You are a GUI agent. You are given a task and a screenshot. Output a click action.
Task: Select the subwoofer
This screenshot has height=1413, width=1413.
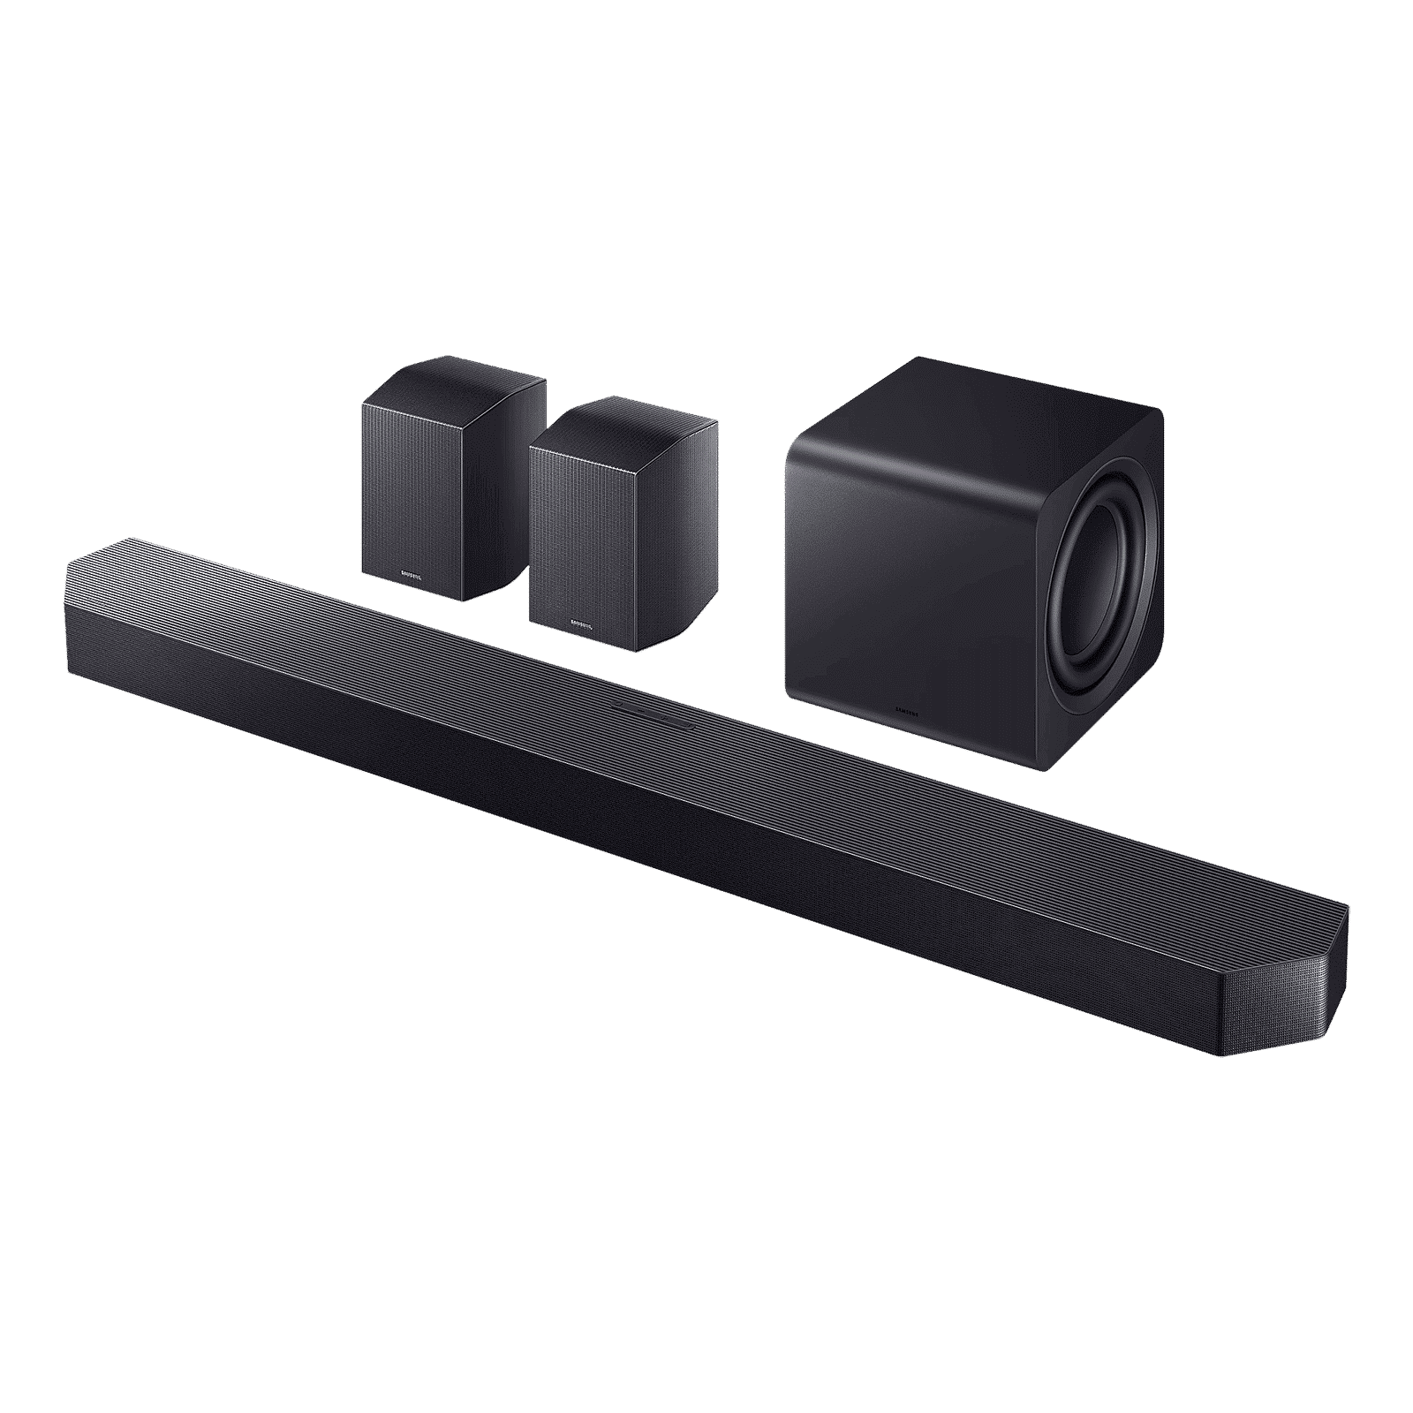971,565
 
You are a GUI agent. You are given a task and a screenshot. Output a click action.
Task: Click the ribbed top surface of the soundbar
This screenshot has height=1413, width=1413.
706,733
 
